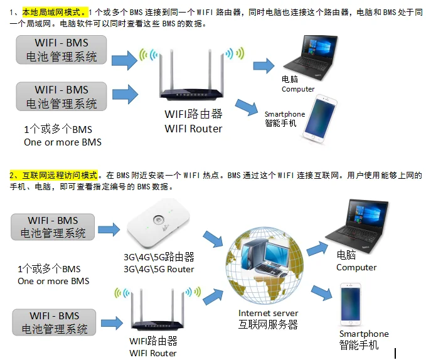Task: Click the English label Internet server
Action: [x=269, y=313]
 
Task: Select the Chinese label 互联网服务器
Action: [x=268, y=324]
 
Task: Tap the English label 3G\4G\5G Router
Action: [x=159, y=269]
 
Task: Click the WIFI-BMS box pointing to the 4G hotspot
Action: [x=53, y=226]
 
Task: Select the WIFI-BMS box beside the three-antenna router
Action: [x=54, y=321]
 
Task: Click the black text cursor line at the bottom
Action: [x=395, y=354]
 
